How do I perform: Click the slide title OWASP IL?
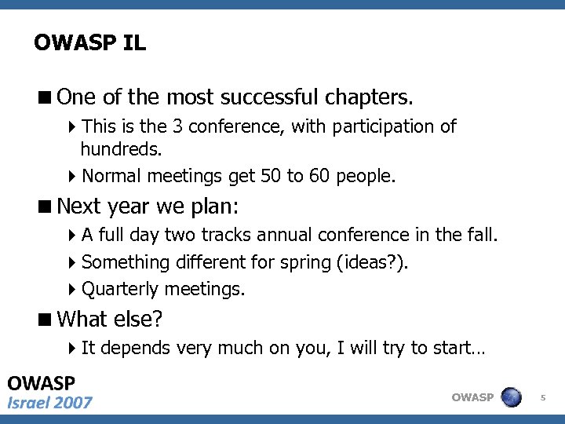point(89,42)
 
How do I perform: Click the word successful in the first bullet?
point(268,97)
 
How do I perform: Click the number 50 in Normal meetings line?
point(271,176)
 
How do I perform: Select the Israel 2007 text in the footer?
point(50,403)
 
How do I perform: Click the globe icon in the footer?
point(512,397)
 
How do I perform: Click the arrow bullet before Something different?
point(73,262)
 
